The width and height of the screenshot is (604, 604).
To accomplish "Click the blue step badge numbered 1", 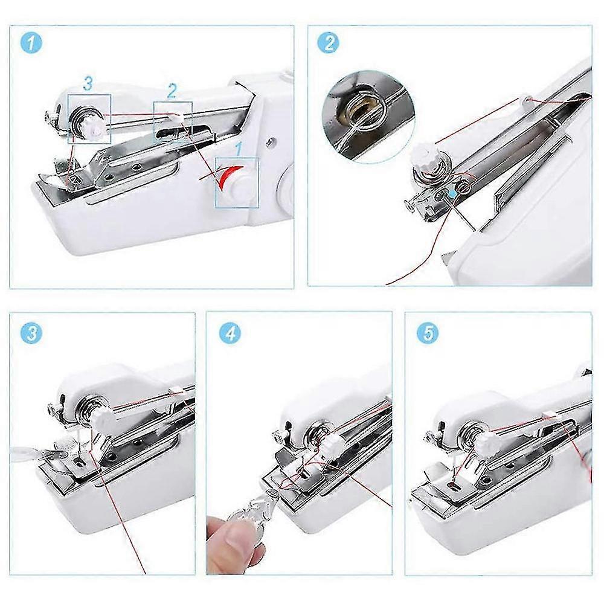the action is (x=30, y=42).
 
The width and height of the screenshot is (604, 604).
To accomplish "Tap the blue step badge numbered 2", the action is (x=328, y=42).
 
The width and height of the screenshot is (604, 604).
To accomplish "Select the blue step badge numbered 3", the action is (x=31, y=332).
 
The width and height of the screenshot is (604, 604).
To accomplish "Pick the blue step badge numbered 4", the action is (x=230, y=332).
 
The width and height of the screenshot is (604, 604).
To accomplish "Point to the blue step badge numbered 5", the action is (x=428, y=332).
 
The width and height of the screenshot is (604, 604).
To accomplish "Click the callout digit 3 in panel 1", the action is (x=88, y=83).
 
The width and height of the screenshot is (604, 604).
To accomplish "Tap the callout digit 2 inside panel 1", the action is (x=172, y=91).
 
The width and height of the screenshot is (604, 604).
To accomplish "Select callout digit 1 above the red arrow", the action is (x=239, y=149).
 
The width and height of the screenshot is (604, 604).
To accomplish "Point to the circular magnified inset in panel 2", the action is (x=368, y=117).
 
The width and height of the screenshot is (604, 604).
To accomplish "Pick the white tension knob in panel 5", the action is (x=485, y=442).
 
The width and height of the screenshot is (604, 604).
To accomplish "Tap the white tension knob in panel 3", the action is (x=103, y=418).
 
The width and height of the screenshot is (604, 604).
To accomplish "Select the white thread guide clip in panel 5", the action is (x=549, y=416).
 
